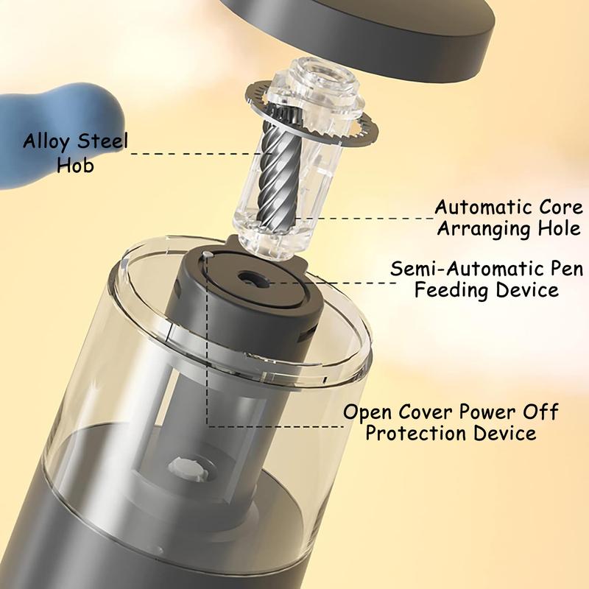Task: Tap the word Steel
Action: [x=102, y=141]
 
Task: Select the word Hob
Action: [x=75, y=165]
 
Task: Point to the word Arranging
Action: [x=484, y=228]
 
